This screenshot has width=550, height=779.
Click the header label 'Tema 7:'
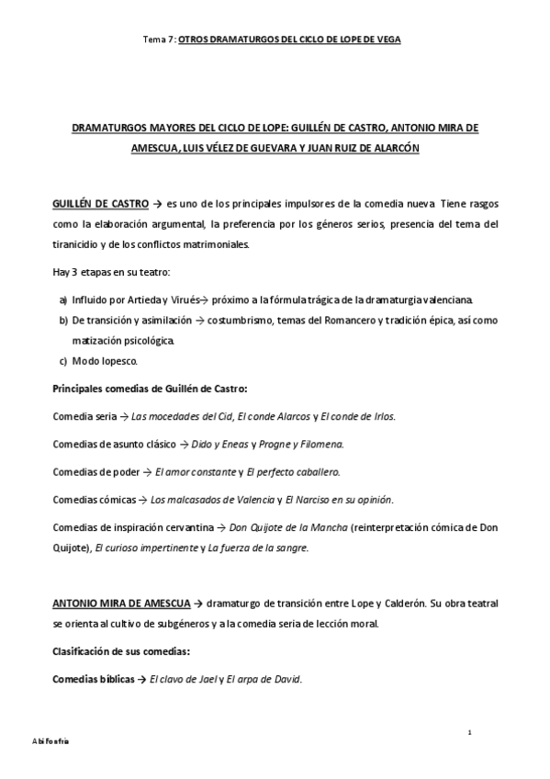(x=160, y=40)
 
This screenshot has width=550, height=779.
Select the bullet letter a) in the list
(x=62, y=300)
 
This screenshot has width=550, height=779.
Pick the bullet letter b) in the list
(x=62, y=321)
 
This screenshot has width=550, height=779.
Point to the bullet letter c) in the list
(x=62, y=361)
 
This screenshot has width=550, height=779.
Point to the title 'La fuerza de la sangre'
(x=258, y=548)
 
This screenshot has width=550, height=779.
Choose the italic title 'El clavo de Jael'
(x=184, y=680)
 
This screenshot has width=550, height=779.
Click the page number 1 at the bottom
(x=469, y=732)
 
